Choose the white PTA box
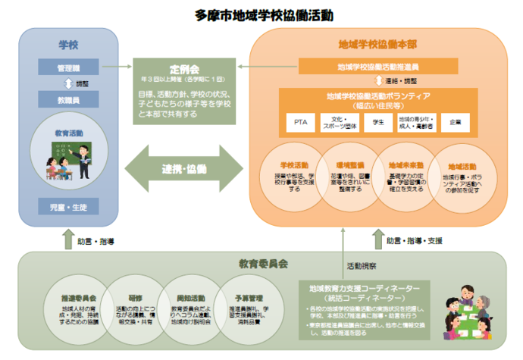(x=301, y=121)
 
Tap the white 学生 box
(x=374, y=121)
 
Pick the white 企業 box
(x=454, y=121)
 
